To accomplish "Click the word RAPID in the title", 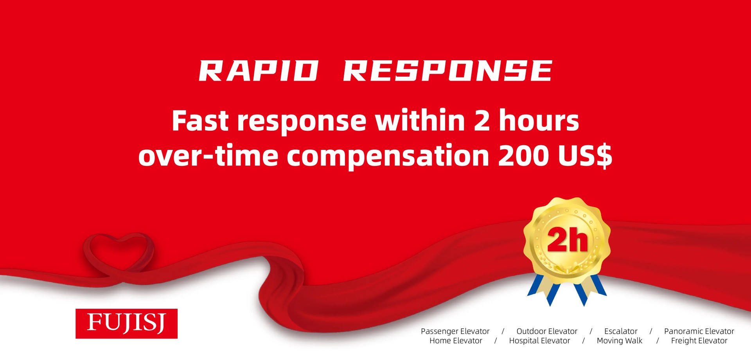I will (x=258, y=71).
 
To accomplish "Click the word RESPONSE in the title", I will (x=447, y=71).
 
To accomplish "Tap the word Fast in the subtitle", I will (x=200, y=121).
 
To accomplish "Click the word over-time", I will (x=208, y=156).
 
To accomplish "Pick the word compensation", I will (x=388, y=156).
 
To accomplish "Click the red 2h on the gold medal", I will (x=567, y=240).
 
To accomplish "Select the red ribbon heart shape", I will (x=119, y=252).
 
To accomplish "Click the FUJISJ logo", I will (x=126, y=323).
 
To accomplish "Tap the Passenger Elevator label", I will (x=455, y=331).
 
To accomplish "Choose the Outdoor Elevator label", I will (x=546, y=331).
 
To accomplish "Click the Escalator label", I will (x=620, y=331).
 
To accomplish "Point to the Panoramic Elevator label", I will (x=699, y=331).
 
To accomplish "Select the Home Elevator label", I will (x=456, y=341).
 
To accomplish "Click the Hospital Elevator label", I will (x=539, y=341).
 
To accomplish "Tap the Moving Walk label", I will (x=619, y=341).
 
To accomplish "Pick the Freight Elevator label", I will (x=699, y=341).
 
